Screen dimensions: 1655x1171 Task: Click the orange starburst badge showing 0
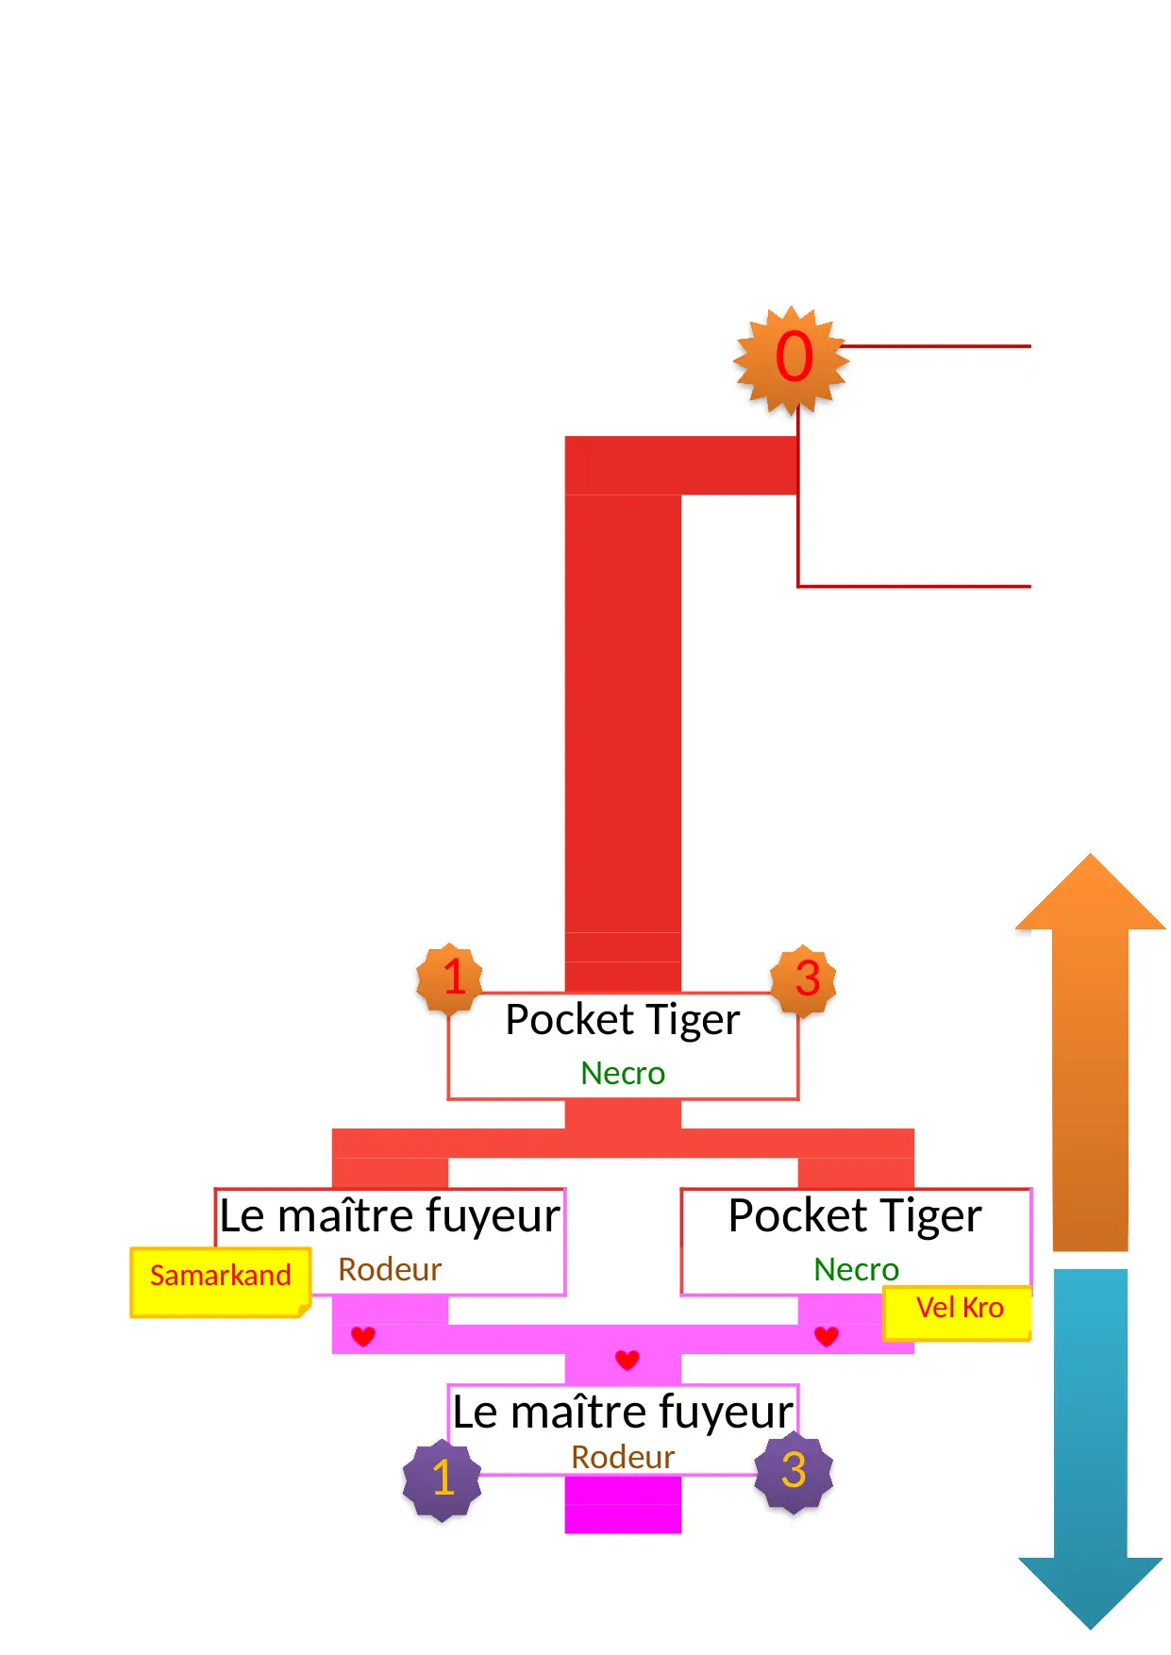point(793,359)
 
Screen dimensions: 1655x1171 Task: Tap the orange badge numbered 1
point(450,978)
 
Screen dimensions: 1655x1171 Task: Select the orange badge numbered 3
point(804,979)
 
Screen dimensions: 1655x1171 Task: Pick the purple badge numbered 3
point(794,1472)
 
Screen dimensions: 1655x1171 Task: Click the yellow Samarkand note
point(220,1280)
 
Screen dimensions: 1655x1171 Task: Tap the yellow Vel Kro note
point(958,1312)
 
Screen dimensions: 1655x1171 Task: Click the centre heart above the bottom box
point(627,1360)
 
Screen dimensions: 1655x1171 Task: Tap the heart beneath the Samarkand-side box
point(362,1336)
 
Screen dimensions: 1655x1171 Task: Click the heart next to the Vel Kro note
point(827,1336)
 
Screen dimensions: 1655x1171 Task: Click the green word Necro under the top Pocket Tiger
point(623,1073)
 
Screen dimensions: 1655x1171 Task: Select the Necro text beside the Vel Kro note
point(856,1269)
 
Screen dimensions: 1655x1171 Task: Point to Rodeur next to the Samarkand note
point(390,1269)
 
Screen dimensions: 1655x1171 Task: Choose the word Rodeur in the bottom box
point(623,1457)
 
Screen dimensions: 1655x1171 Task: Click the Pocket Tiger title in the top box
point(623,1020)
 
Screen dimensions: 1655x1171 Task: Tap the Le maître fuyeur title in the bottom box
point(623,1413)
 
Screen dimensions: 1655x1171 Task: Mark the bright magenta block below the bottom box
point(623,1507)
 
